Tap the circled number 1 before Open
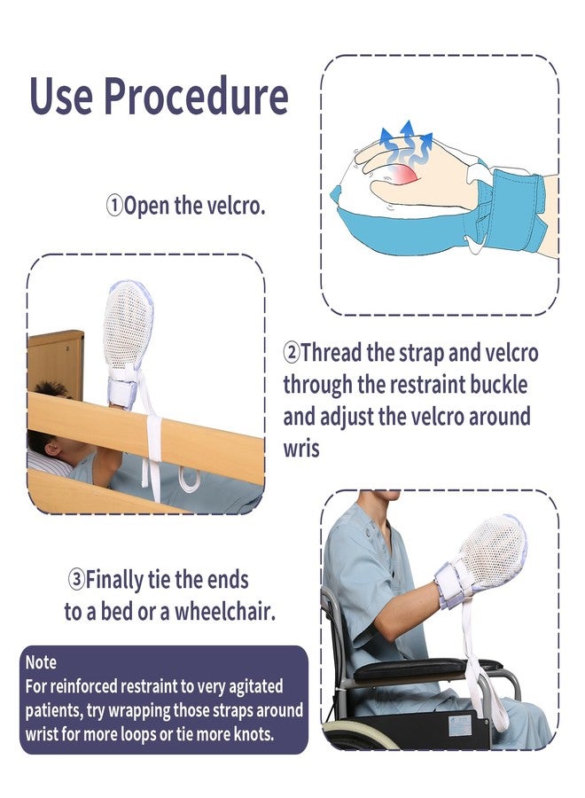pyautogui.click(x=114, y=207)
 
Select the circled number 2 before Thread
pyautogui.click(x=292, y=353)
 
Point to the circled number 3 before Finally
pyautogui.click(x=77, y=581)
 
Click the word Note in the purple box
pyautogui.click(x=41, y=662)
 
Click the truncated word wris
pyautogui.click(x=301, y=449)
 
